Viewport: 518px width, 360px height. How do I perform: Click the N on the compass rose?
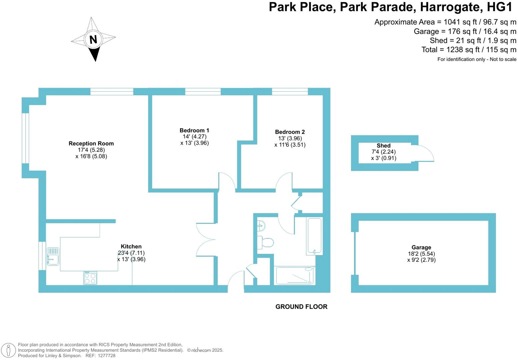(93, 40)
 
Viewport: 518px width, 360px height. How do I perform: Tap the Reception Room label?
(91, 144)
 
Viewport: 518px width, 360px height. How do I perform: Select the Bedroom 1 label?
(194, 130)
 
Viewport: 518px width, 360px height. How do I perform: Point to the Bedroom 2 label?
(290, 132)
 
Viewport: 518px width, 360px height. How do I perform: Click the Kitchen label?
(131, 247)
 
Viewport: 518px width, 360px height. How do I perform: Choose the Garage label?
(421, 247)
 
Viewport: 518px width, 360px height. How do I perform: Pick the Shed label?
(383, 146)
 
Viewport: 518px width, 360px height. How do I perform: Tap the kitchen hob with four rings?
(90, 278)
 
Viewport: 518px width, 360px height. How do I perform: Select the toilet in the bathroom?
(267, 242)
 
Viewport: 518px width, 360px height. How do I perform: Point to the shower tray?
(295, 275)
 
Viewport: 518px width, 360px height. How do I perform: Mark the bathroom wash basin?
(261, 226)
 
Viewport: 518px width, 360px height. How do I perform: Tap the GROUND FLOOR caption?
(301, 307)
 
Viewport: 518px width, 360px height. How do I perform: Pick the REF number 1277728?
(105, 356)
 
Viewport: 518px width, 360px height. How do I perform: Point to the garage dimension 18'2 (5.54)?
(421, 254)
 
